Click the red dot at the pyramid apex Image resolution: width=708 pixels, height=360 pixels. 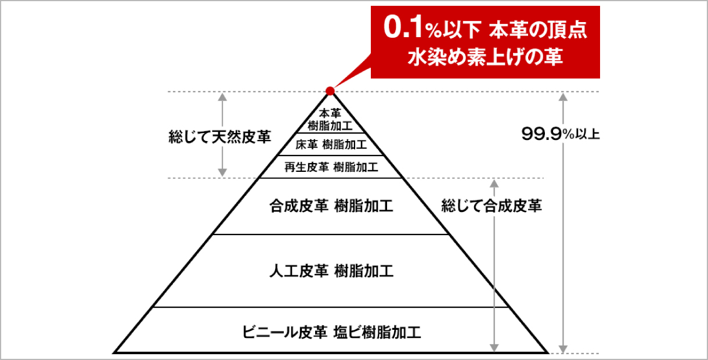tap(330, 91)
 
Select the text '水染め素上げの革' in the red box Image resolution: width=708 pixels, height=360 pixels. tap(485, 57)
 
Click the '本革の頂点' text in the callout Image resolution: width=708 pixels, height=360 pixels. tap(538, 30)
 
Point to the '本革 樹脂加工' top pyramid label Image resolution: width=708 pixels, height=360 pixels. tap(330, 120)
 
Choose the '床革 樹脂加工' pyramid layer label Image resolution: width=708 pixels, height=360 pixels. tap(331, 145)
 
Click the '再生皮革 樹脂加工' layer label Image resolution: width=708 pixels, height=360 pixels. tap(331, 167)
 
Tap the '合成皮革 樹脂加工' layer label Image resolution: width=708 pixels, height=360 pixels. tap(331, 206)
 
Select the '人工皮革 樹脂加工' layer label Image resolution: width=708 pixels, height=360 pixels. tap(331, 271)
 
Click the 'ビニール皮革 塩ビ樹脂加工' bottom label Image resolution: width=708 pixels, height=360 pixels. tap(331, 332)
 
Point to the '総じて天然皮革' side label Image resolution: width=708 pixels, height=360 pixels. tap(220, 136)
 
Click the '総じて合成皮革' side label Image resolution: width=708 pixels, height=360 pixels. tap(492, 206)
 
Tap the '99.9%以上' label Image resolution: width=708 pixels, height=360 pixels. tap(561, 134)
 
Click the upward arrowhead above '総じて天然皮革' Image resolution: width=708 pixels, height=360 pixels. tap(222, 97)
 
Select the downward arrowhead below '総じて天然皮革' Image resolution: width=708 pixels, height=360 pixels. tap(222, 172)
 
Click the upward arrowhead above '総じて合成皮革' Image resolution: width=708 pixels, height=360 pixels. tap(494, 184)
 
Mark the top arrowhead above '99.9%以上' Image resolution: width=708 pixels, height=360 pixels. tap(563, 97)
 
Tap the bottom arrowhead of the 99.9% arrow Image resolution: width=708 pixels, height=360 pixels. tap(563, 349)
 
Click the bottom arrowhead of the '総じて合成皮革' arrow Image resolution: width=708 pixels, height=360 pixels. tap(494, 348)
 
